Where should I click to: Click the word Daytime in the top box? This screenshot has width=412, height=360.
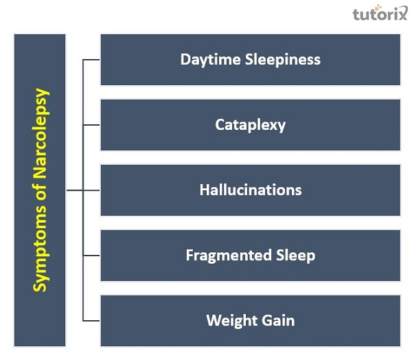pyautogui.click(x=206, y=59)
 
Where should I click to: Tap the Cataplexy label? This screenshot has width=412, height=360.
pyautogui.click(x=250, y=124)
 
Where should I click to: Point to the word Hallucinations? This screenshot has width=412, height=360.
pyautogui.click(x=250, y=190)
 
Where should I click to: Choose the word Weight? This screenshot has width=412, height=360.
pyautogui.click(x=229, y=320)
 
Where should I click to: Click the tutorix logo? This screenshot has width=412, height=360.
pyautogui.click(x=378, y=14)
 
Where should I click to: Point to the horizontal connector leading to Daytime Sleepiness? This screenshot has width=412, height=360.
pyautogui.click(x=91, y=60)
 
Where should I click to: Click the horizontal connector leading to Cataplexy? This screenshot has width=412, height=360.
pyautogui.click(x=91, y=125)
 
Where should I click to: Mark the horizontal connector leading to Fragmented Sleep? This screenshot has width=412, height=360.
pyautogui.click(x=91, y=256)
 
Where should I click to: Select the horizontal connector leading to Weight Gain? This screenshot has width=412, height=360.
pyautogui.click(x=91, y=321)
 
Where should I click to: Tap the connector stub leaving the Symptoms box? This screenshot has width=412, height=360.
pyautogui.click(x=74, y=190)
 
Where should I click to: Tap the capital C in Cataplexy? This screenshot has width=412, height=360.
pyautogui.click(x=220, y=124)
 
